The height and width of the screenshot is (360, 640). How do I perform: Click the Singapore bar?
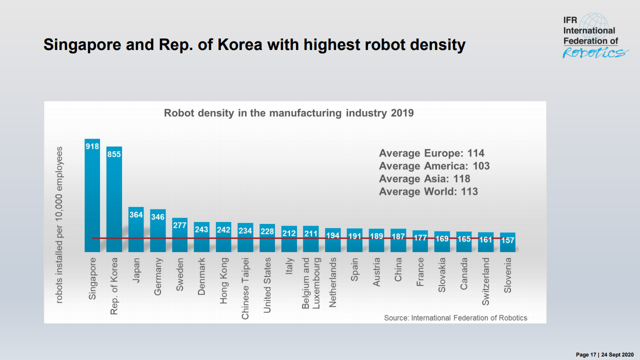click(92, 200)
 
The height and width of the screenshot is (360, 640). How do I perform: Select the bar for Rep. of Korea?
click(114, 205)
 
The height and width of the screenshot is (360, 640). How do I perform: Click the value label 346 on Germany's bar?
click(158, 217)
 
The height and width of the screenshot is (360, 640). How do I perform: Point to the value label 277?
click(180, 225)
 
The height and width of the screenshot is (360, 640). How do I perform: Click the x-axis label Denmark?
click(202, 276)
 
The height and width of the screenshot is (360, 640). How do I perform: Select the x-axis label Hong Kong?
click(224, 280)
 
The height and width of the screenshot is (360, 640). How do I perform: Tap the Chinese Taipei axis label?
click(245, 288)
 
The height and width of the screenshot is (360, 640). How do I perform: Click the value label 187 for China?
click(398, 237)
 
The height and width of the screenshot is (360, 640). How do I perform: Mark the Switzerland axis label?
click(486, 281)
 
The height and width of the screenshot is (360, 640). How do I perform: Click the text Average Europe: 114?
click(431, 153)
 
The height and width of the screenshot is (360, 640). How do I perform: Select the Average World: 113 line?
click(428, 191)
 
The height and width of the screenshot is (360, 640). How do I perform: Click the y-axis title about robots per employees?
click(59, 225)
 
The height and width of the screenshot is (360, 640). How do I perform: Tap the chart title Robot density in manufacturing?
click(289, 113)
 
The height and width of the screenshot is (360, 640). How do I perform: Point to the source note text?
click(455, 318)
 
